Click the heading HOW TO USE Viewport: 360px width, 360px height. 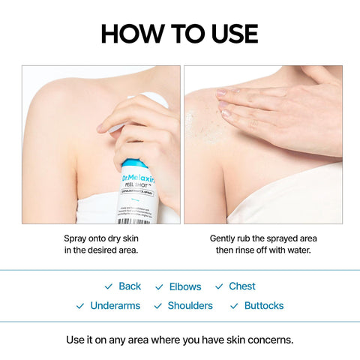(x=179, y=33)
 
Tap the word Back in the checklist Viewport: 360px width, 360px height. (x=130, y=286)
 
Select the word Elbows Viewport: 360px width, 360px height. (x=185, y=286)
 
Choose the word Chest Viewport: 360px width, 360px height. (x=242, y=286)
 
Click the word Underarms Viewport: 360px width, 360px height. (x=115, y=306)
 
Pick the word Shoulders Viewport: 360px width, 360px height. (x=190, y=306)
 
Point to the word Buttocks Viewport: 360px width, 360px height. (x=264, y=306)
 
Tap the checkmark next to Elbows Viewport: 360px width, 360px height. (x=159, y=287)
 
